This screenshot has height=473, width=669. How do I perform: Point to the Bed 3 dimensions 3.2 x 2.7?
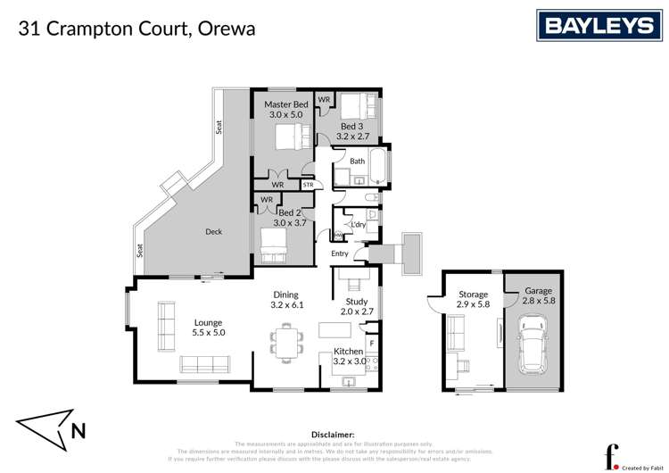coord(353,137)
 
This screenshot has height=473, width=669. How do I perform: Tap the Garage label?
coord(537,291)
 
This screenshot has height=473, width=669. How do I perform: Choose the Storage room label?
coord(473,295)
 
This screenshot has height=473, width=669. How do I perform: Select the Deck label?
coord(213,232)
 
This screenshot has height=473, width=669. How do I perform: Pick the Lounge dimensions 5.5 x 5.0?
coord(208,332)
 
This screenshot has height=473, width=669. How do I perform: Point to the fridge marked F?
coord(372,343)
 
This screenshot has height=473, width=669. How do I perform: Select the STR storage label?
coord(309,185)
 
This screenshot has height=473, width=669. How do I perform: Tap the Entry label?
coord(339,253)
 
